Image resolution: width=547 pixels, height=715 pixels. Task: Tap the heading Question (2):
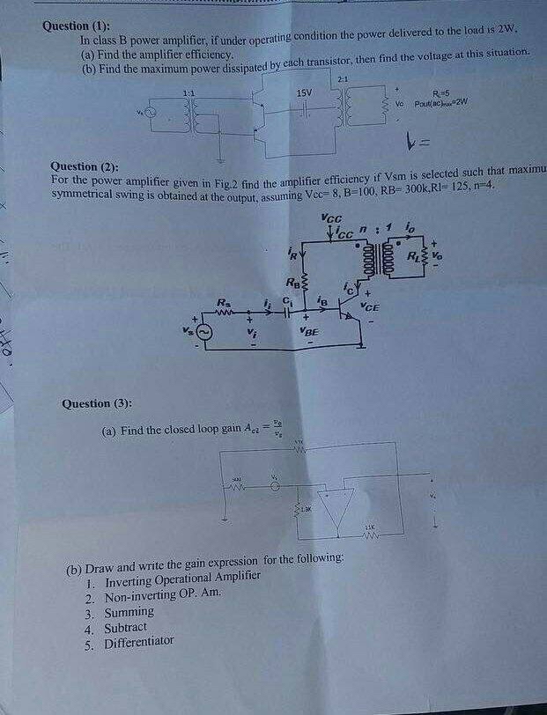click(x=87, y=166)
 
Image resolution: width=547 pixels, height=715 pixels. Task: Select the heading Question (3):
click(x=98, y=404)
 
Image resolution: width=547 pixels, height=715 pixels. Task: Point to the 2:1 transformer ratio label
click(x=343, y=80)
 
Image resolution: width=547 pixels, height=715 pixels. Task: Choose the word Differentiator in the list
click(x=139, y=644)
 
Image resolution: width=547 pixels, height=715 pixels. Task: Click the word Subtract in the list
click(x=129, y=629)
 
